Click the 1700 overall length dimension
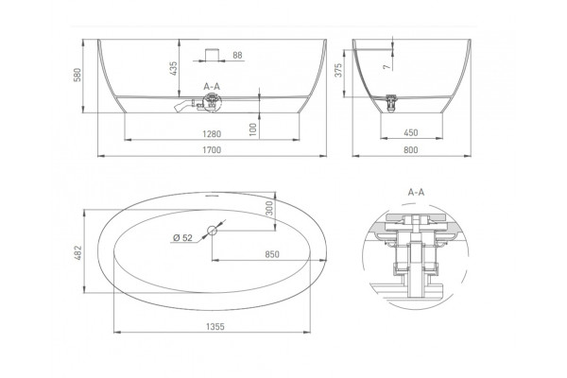pos(212,149)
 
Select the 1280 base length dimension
pos(212,134)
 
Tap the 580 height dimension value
pos(77,75)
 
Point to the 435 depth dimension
pos(174,68)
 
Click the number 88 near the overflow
pos(237,56)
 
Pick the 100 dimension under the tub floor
pos(252,129)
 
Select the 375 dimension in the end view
pos(338,70)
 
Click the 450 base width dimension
pos(411,132)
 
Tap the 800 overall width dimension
pos(411,149)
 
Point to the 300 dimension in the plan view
pos(269,208)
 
